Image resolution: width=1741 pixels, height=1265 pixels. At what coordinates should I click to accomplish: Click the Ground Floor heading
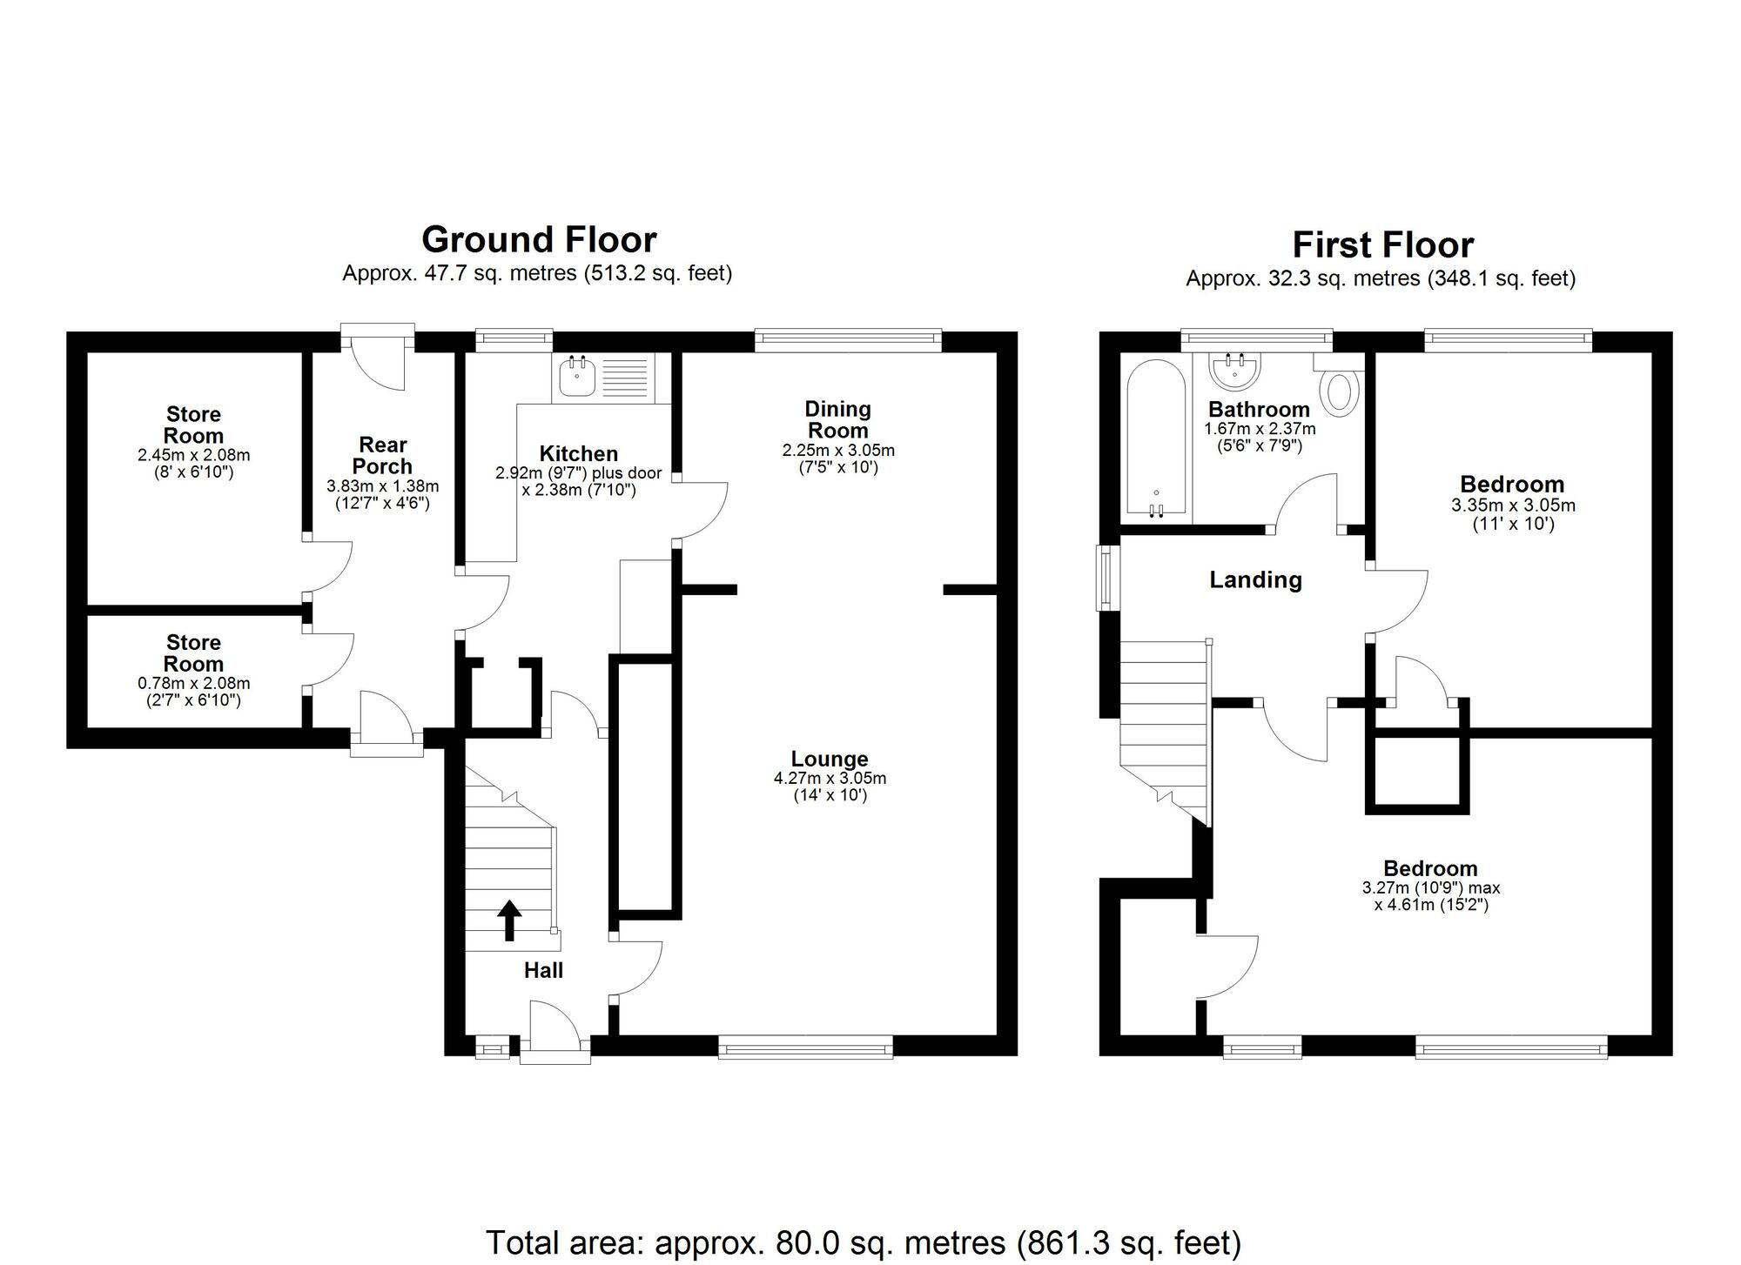539,239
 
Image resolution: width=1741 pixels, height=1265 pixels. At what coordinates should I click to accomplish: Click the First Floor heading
1383,245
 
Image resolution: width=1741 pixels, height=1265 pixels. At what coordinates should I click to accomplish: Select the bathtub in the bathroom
1155,438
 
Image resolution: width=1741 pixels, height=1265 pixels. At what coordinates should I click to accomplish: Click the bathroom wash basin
1234,371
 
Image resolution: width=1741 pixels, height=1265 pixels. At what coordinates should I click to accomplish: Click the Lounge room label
830,759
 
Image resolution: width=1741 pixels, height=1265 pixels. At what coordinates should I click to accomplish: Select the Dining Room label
837,419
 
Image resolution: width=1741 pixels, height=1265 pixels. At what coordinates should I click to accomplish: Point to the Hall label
543,970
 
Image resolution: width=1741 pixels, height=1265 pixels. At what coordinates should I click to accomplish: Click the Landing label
1255,579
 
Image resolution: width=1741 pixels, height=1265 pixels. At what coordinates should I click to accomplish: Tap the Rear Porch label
383,455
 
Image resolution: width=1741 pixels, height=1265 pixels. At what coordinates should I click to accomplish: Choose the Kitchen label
579,453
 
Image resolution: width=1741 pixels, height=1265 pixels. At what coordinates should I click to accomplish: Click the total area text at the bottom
864,1242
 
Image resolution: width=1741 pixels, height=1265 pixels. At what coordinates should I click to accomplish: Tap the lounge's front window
806,1046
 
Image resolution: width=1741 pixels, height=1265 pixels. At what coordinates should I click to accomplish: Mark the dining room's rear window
849,340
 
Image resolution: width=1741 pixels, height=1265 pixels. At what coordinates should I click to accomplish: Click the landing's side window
1108,577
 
